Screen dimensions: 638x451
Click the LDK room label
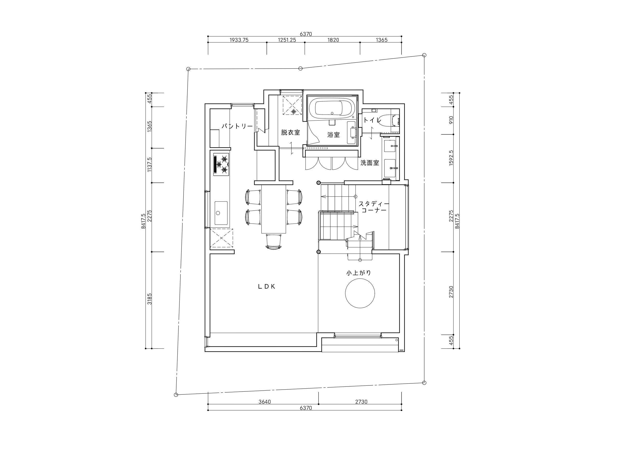[x=267, y=287]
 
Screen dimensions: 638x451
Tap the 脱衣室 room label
[x=290, y=132]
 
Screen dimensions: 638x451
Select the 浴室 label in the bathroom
[x=333, y=135]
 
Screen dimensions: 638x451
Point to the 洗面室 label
[x=370, y=163]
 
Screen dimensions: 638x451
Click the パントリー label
[x=237, y=126]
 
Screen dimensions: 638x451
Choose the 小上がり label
[x=359, y=273]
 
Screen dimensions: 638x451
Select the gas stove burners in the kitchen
[x=221, y=164]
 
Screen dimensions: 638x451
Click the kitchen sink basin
[x=221, y=213]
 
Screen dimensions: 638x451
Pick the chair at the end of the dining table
[x=274, y=242]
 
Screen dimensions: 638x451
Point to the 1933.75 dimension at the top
[x=239, y=40]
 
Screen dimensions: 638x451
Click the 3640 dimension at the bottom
[x=265, y=402]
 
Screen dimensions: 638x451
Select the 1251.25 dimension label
[x=287, y=40]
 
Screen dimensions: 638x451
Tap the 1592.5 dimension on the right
[x=451, y=158]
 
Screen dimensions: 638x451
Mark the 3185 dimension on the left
[x=150, y=299]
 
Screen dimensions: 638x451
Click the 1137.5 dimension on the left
[x=150, y=164]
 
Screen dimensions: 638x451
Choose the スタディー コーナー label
[x=374, y=207]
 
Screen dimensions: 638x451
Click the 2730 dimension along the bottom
[x=361, y=402]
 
